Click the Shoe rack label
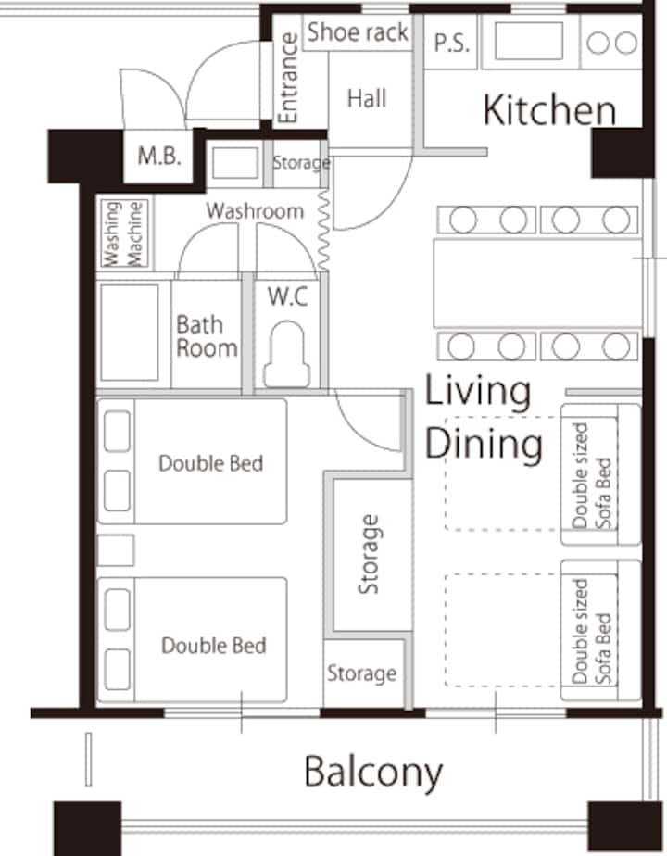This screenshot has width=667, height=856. (358, 32)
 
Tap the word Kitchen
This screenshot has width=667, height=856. (549, 110)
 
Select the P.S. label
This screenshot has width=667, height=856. (451, 44)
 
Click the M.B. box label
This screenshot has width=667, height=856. (158, 157)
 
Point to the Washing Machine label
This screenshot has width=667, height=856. (123, 233)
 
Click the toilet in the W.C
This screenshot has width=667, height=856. (287, 354)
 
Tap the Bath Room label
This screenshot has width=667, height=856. (207, 336)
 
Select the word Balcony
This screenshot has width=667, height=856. (373, 773)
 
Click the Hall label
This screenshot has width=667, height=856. (367, 99)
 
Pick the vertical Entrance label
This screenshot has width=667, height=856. (288, 78)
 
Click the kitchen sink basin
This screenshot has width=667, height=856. (528, 41)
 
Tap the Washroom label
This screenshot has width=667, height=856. (255, 210)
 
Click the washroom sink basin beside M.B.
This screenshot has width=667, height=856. (235, 163)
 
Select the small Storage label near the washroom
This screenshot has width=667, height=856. (301, 163)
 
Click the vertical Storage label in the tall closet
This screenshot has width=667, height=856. (369, 554)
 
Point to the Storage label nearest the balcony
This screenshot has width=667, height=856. (362, 673)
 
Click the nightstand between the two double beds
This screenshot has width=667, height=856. (116, 550)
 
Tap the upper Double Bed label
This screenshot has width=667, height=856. (210, 463)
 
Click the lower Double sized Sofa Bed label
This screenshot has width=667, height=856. (592, 632)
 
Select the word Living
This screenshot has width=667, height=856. (478, 392)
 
